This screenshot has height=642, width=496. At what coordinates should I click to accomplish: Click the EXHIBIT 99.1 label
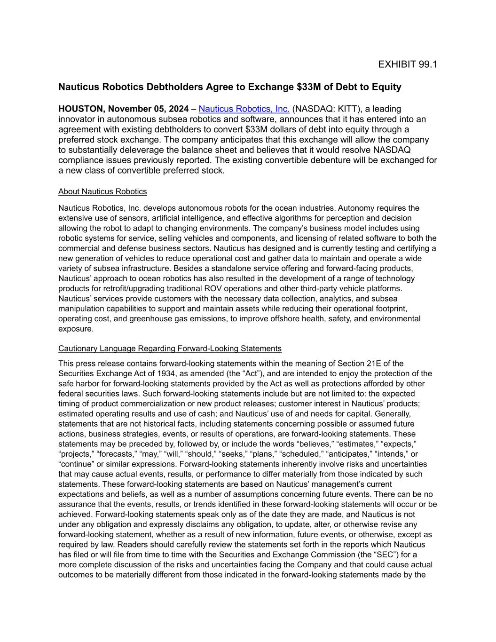(x=407, y=64)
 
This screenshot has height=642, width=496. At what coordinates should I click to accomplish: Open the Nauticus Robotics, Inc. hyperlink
(x=244, y=109)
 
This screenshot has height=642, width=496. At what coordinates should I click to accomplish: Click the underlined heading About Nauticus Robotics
(x=102, y=192)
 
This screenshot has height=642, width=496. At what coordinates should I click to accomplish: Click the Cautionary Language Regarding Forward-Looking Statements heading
(x=170, y=349)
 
